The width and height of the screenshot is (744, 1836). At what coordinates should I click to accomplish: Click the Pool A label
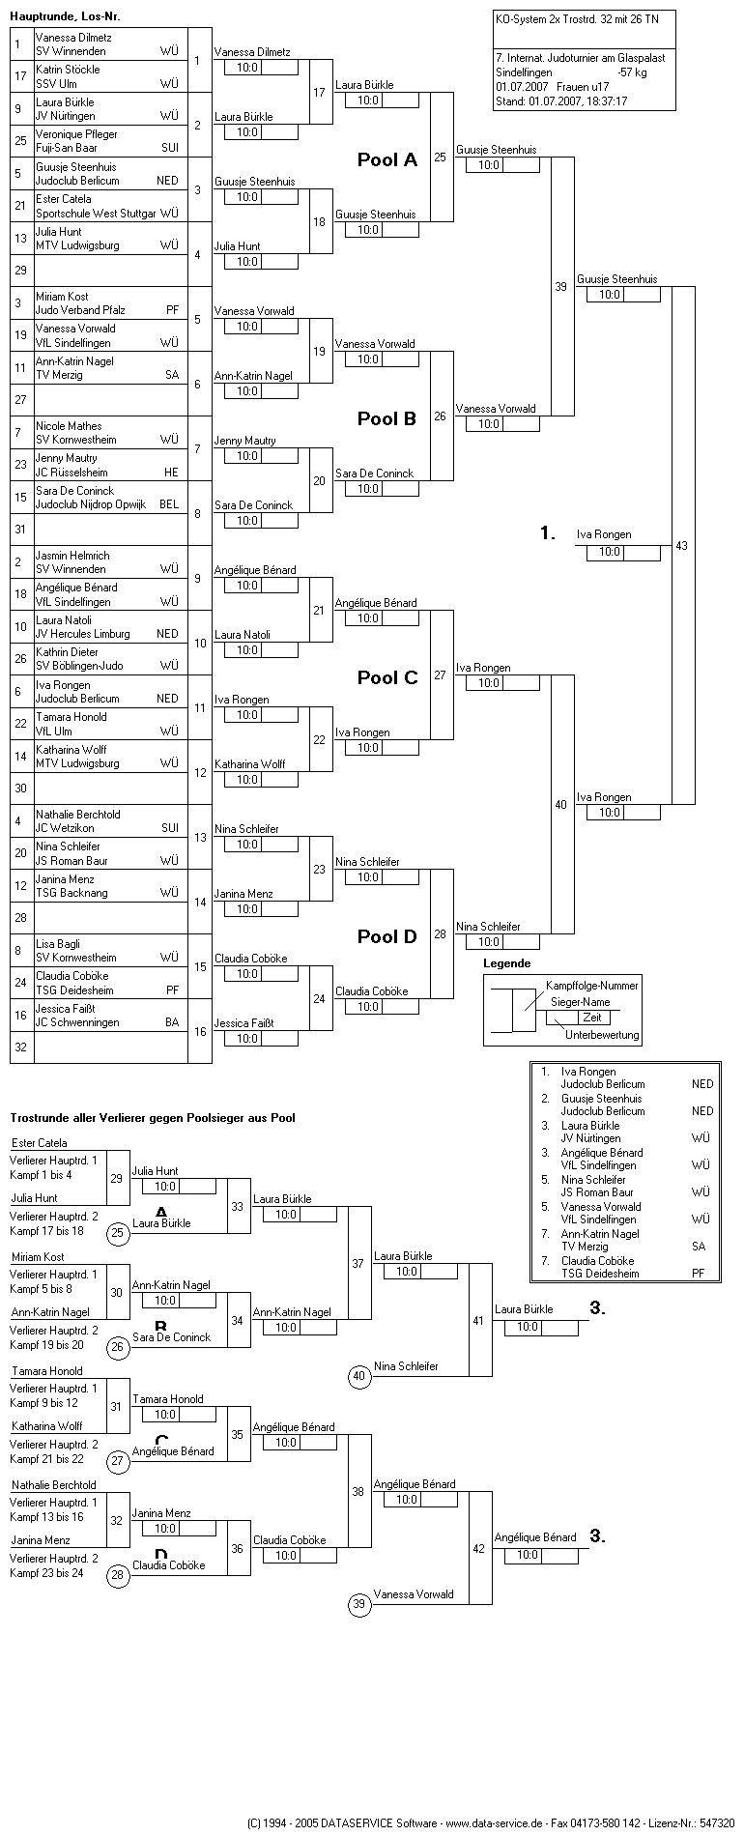point(386,160)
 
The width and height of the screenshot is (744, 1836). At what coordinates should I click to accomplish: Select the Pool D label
point(386,936)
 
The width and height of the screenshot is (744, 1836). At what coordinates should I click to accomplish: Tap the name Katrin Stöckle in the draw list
point(68,70)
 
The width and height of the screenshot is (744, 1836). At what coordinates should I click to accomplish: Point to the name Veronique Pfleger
point(76,134)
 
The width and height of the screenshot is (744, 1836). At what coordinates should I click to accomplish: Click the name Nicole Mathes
point(69,426)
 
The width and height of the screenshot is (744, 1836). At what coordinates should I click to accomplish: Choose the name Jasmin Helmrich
point(72,556)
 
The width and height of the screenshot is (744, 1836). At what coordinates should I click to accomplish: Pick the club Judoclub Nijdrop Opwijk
point(91,504)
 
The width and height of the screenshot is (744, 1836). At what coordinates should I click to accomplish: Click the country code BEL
point(169,504)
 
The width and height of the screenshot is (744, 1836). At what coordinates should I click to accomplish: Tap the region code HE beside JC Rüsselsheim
point(171,473)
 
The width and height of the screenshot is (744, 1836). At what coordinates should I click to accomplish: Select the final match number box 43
point(682,546)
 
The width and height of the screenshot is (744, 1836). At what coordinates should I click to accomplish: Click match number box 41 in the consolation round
point(478,1320)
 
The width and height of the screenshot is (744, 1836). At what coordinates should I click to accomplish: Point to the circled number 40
point(359,1376)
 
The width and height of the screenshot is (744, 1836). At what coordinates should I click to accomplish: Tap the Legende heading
point(507,963)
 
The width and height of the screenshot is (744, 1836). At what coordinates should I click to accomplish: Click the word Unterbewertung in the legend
point(602,1035)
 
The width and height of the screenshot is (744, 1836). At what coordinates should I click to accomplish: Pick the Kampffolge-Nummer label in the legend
point(592,985)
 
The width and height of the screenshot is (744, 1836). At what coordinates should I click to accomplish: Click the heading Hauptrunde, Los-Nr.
point(66,17)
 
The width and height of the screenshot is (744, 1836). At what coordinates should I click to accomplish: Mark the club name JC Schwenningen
point(77,1022)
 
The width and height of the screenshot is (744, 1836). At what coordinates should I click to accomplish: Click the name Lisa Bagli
point(60,944)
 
